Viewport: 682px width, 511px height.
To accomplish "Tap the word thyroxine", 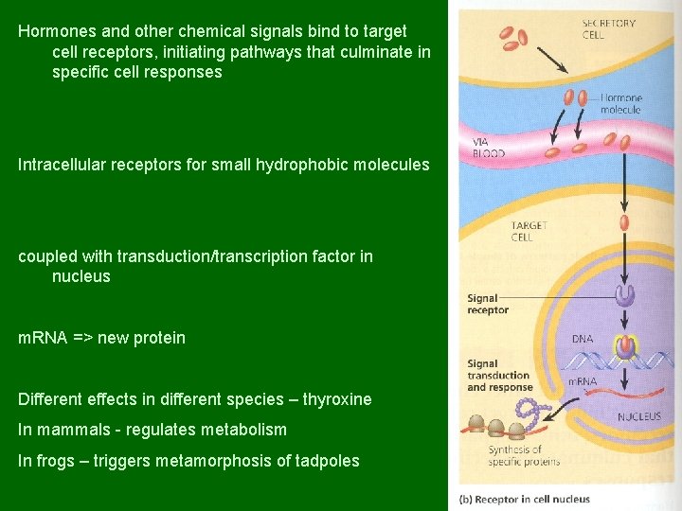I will point(337,399).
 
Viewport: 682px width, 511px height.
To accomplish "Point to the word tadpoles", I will point(328,461).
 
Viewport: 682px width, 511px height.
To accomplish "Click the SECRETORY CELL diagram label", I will point(608,28).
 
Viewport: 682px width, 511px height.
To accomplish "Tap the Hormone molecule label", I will point(620,103).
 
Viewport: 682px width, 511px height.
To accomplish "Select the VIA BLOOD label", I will point(488,148).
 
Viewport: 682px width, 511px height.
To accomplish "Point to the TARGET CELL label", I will point(528,231).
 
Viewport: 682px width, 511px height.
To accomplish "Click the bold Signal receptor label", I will point(488,304).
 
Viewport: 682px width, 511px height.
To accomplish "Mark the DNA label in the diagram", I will point(583,338).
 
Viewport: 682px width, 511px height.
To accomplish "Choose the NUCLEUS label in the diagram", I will point(639,416).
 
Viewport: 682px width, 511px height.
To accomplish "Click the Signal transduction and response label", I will point(499,375).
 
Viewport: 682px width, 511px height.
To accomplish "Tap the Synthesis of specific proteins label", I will point(523,455).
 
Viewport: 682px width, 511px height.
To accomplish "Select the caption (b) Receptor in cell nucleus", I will point(524,499).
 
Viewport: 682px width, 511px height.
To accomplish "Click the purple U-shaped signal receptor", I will point(624,295).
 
